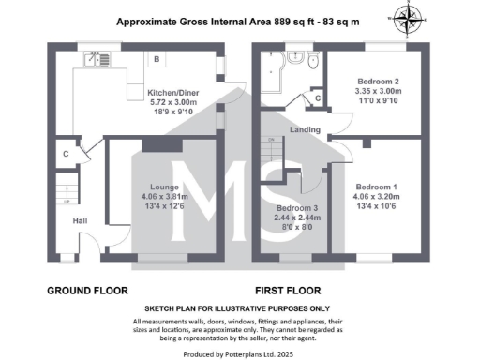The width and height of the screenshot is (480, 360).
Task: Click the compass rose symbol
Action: [x=406, y=16]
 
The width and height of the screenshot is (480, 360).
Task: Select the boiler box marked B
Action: [x=157, y=60]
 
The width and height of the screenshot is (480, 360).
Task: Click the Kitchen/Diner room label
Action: [x=170, y=92]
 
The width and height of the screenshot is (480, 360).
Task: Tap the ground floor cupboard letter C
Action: [x=66, y=154]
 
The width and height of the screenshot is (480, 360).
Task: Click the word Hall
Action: [x=82, y=221]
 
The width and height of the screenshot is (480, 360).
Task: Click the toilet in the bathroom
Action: [x=314, y=61]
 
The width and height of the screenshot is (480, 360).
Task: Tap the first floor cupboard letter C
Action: [x=319, y=97]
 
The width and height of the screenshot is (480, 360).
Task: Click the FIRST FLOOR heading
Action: [x=288, y=291]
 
